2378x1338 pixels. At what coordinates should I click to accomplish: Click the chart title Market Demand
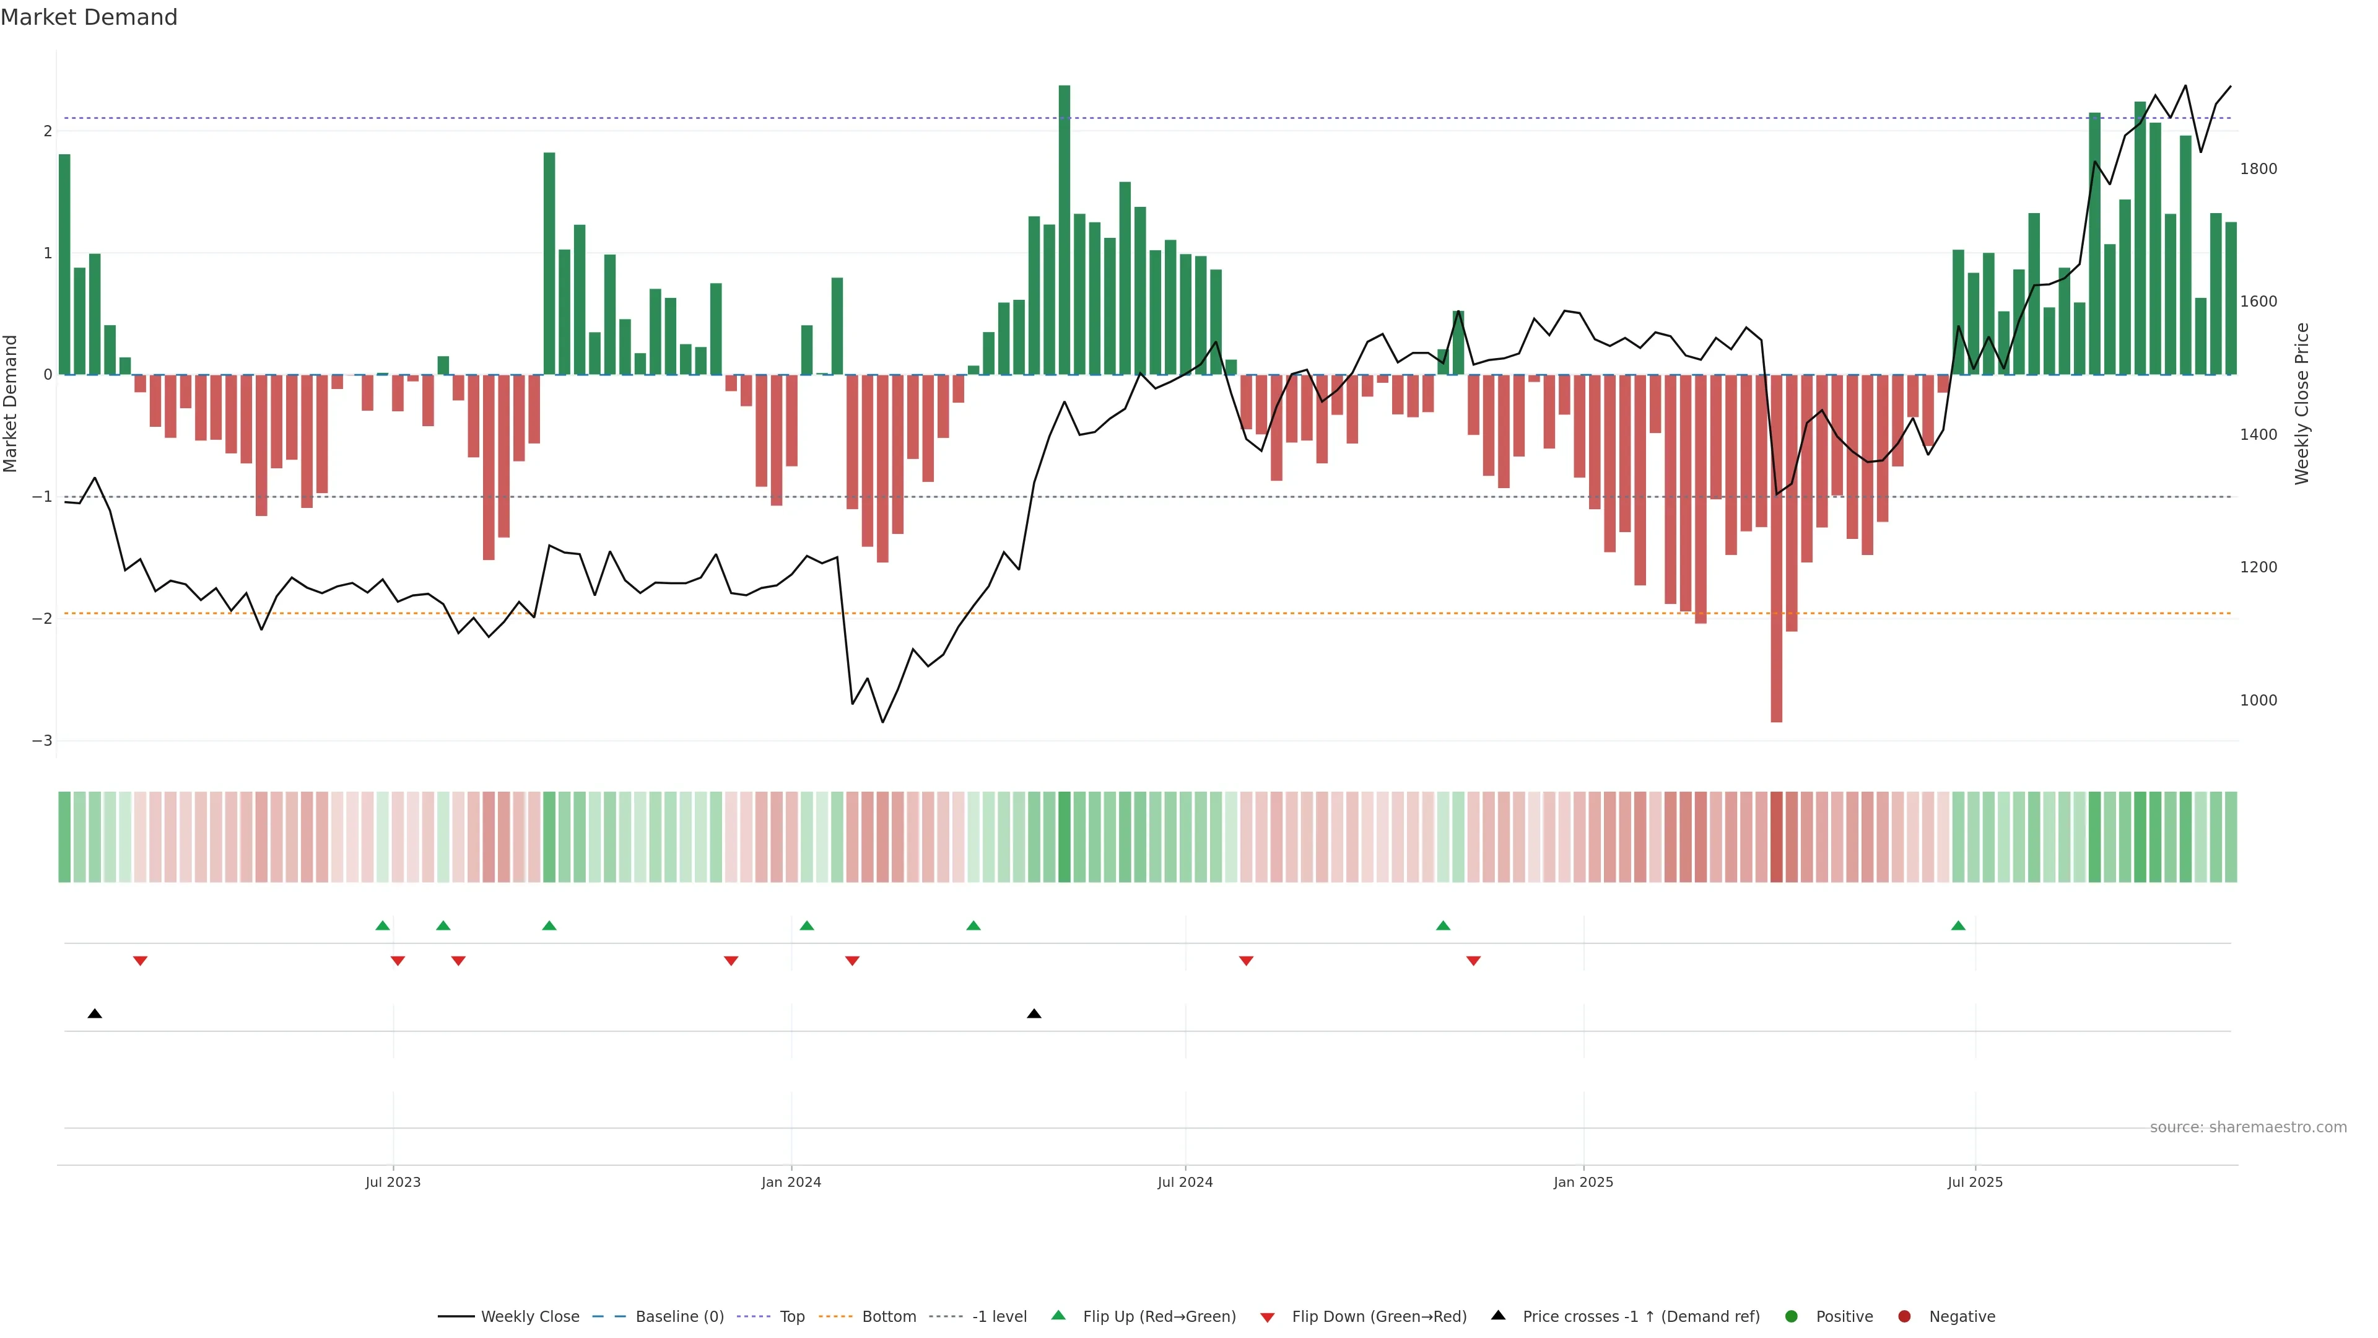pos(89,17)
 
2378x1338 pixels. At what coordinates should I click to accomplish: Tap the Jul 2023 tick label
pos(393,1182)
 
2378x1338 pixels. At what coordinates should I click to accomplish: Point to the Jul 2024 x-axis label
pos(1185,1182)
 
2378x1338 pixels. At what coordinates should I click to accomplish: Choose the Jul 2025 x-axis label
pos(1975,1182)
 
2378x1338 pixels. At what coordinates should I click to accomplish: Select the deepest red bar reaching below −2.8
pos(1776,554)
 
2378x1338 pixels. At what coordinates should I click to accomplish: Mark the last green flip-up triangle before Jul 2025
pos(1958,925)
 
